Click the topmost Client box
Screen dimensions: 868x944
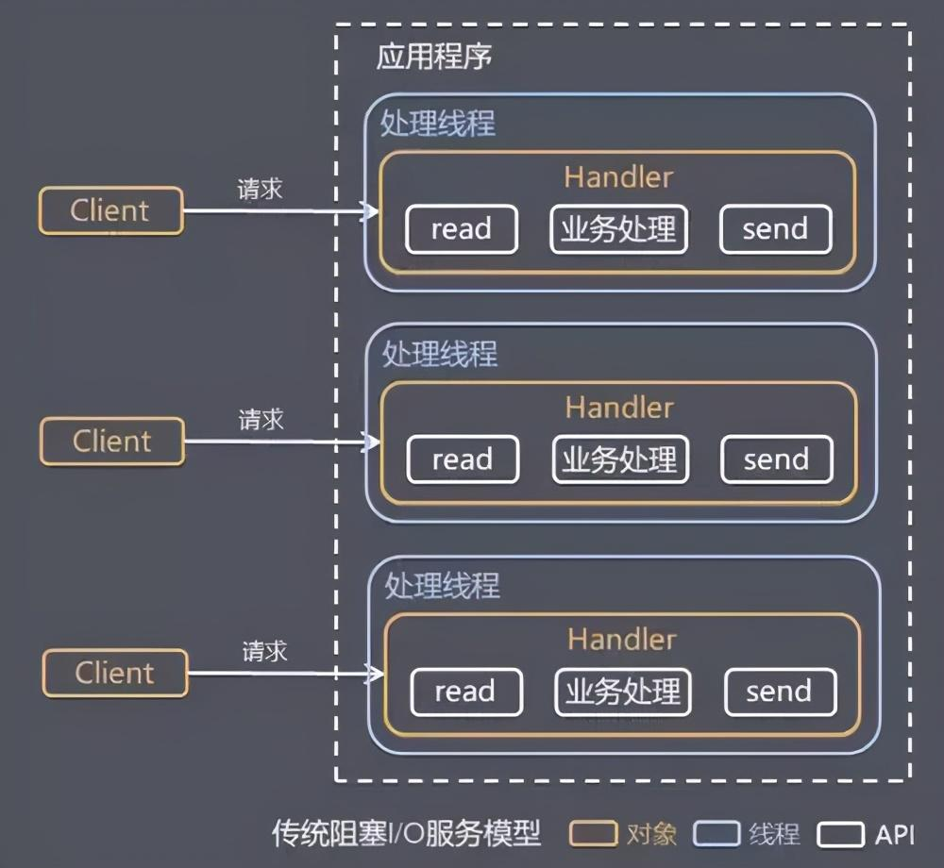[x=110, y=210]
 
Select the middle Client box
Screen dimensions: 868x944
[x=112, y=441]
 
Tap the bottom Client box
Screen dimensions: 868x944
[x=115, y=673]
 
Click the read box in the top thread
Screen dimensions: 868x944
[x=462, y=229]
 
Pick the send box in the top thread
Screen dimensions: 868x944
[x=775, y=229]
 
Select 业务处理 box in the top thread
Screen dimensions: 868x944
[x=618, y=229]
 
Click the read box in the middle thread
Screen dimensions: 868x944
[x=463, y=459]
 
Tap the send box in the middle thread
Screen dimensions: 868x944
[x=776, y=459]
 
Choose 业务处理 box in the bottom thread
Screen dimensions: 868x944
[x=622, y=692]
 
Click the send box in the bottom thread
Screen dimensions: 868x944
[x=779, y=692]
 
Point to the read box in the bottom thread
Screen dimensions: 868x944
[x=465, y=692]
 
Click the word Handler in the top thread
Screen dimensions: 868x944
[x=618, y=176]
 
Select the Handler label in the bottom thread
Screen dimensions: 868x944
[x=622, y=639]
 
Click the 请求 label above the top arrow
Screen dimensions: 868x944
[x=260, y=188]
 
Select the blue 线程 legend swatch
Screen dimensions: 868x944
[x=716, y=834]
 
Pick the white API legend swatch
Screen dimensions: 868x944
[x=840, y=834]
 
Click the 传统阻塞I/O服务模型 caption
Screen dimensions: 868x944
[x=406, y=834]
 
